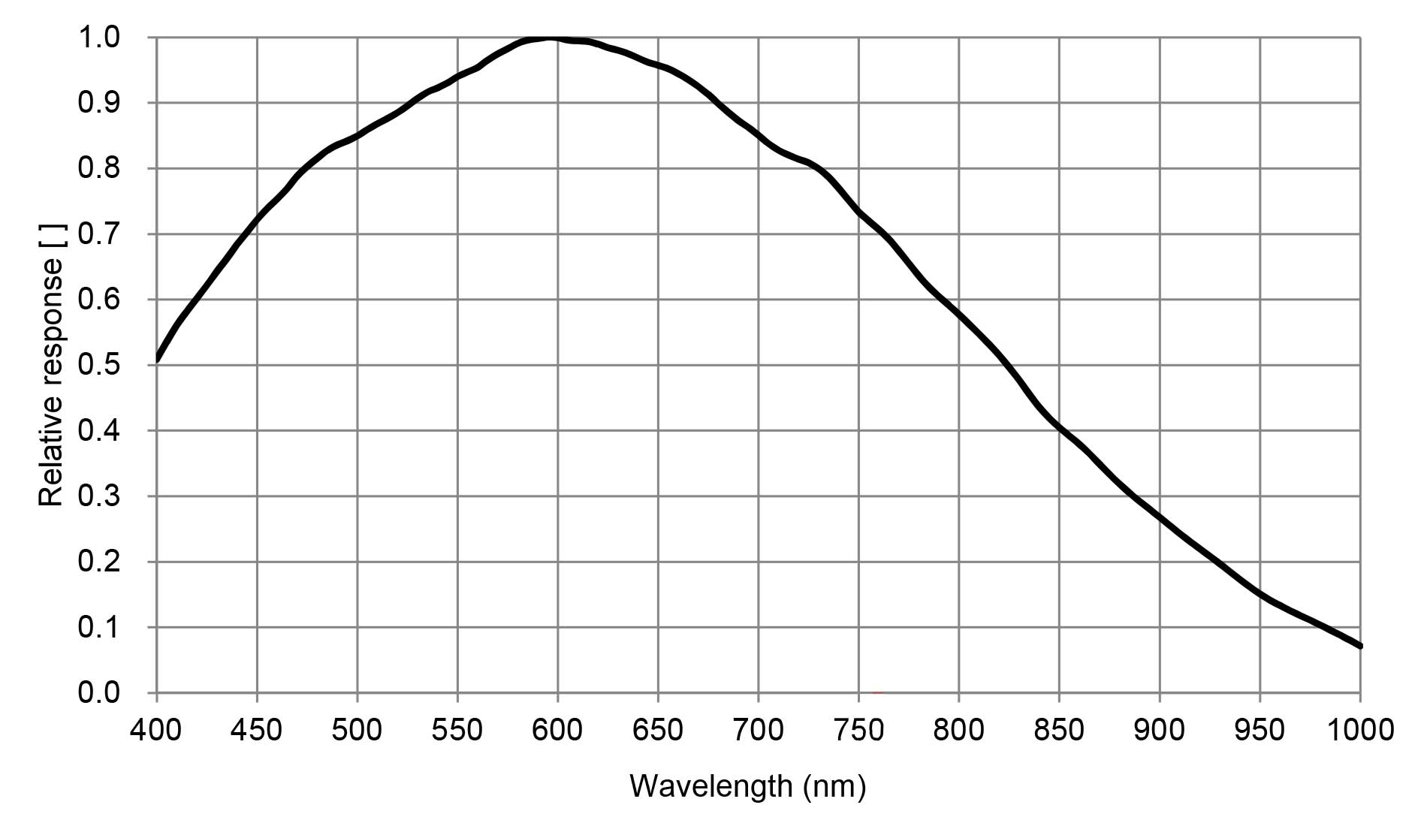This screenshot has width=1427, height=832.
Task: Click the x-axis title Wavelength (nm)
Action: click(747, 786)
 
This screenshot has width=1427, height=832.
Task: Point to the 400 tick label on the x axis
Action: click(156, 729)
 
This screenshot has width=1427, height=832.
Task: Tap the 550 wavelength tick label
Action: click(457, 729)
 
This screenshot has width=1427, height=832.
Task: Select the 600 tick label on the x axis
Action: click(557, 729)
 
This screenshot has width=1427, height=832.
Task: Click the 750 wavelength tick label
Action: click(858, 729)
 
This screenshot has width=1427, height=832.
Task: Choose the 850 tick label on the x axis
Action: click(1059, 729)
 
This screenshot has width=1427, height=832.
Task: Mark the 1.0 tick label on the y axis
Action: click(98, 37)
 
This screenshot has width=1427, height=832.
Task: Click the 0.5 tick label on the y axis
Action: click(98, 365)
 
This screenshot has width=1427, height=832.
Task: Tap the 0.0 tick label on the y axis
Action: click(98, 692)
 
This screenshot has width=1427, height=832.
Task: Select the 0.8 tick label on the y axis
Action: click(98, 168)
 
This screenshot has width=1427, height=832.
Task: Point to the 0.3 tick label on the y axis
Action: click(98, 496)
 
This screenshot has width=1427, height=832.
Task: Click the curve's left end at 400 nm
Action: click(157, 360)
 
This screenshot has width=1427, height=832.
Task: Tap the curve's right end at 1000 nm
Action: click(1359, 645)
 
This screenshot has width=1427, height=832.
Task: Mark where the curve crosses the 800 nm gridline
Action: click(959, 313)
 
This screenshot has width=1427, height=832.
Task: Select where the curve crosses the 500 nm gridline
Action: click(358, 136)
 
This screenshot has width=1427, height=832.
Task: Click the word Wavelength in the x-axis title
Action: click(710, 786)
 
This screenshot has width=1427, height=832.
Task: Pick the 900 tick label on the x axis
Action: click(1160, 729)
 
